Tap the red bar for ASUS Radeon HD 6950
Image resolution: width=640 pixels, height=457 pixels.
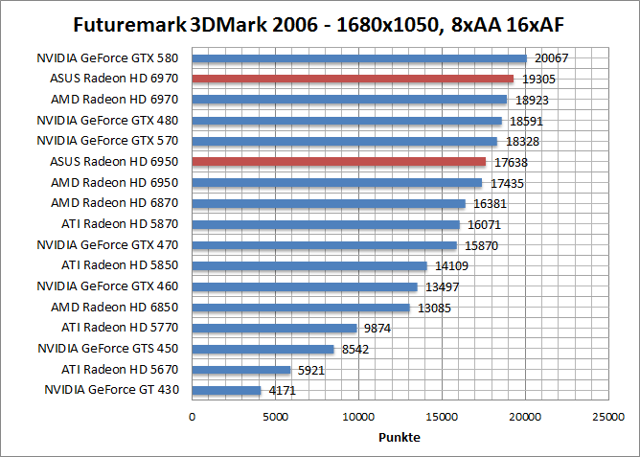click(339, 162)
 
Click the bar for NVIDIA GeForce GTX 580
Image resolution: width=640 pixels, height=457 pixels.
click(359, 58)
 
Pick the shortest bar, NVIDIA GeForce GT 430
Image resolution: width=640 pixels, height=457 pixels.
click(227, 390)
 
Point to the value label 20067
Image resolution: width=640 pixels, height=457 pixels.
click(551, 58)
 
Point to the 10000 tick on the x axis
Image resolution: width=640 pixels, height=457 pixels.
click(358, 417)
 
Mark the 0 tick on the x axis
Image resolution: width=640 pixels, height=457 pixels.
click(193, 417)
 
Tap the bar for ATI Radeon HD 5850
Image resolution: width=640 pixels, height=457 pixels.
click(309, 265)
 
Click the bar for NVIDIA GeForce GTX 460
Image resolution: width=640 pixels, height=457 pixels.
click(305, 286)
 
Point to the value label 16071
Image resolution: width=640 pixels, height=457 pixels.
click(484, 225)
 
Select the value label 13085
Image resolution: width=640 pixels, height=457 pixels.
click(434, 308)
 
